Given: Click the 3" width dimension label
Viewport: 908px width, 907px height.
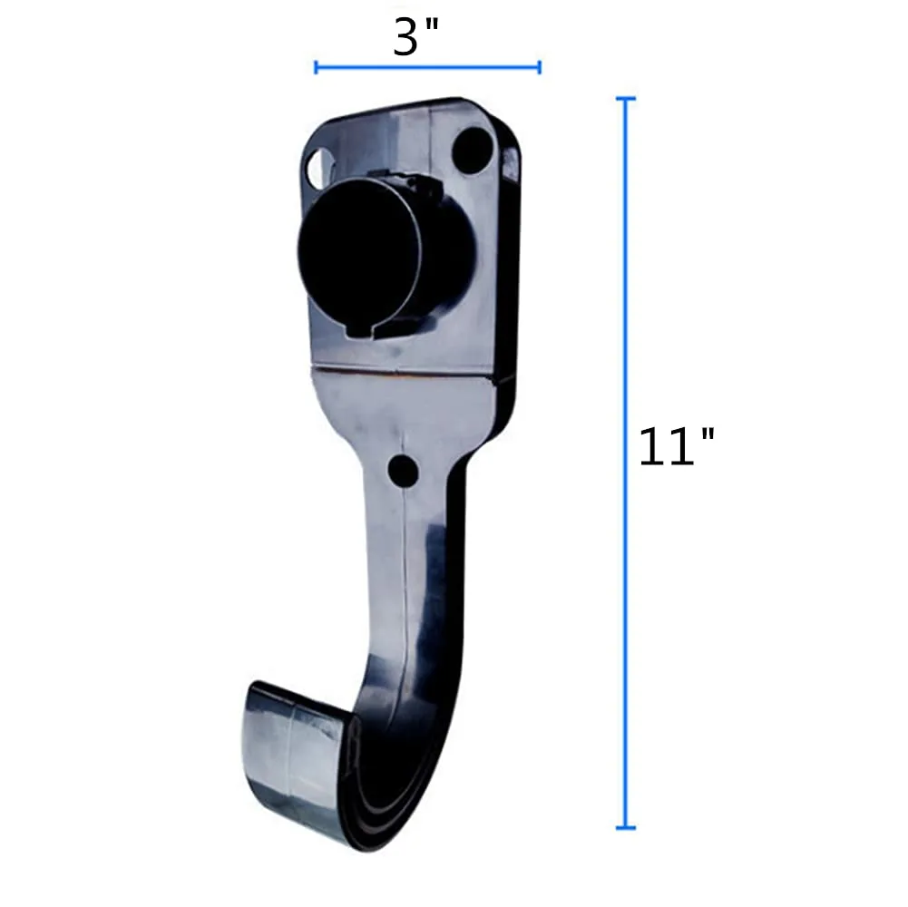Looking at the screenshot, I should point(415,38).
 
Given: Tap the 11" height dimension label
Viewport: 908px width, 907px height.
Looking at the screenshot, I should point(676,446).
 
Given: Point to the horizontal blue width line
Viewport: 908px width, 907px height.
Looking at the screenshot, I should point(427,67).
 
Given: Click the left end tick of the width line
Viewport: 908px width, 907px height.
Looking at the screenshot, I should point(316,67).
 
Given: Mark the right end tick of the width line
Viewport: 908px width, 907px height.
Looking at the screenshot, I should point(540,67).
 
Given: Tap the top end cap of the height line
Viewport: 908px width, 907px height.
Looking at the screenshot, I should point(624,98).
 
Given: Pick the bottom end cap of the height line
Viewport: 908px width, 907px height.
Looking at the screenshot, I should point(624,827).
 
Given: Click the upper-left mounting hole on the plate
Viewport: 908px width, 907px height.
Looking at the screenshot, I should point(318,167).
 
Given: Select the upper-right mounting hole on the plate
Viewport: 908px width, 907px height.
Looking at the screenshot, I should point(472,148).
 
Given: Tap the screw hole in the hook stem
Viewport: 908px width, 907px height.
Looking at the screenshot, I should point(403,470).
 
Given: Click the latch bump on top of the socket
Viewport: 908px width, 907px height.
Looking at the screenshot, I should point(419,186).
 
